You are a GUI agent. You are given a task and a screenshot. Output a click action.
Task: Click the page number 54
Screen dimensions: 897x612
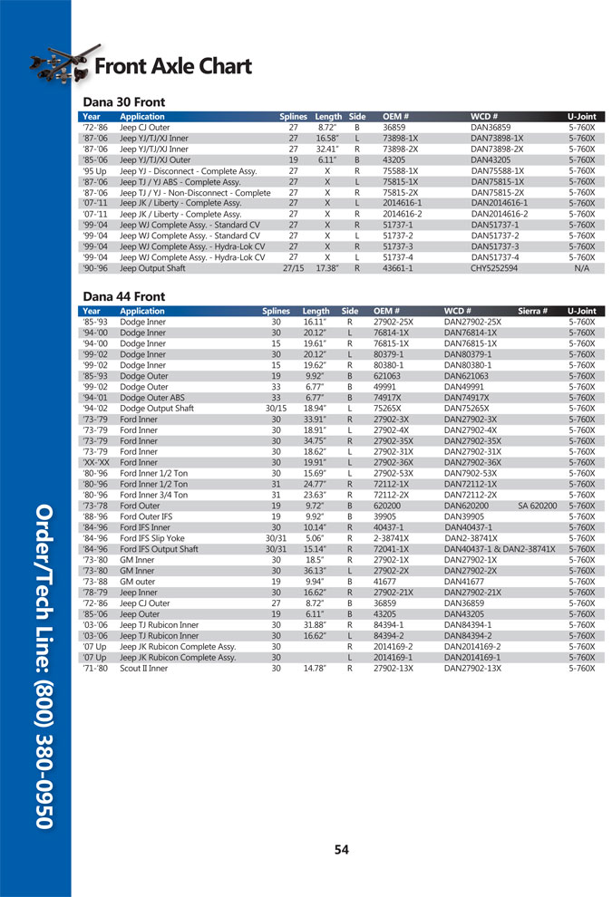tap(341, 849)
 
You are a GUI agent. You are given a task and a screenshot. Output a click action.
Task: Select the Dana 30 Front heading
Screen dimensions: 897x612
tap(123, 102)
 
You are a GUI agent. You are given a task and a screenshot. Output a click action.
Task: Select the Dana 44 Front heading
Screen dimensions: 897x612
tap(123, 296)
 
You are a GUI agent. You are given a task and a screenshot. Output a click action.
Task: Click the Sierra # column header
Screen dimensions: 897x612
tap(533, 311)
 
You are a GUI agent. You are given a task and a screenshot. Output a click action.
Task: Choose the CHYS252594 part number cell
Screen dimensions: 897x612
tap(497, 268)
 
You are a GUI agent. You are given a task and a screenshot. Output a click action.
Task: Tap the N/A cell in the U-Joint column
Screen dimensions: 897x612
tap(580, 268)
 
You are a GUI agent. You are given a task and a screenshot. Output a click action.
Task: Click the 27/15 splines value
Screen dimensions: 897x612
tap(292, 268)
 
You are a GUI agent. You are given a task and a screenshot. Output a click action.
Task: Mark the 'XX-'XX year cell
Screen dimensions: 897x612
tap(96, 462)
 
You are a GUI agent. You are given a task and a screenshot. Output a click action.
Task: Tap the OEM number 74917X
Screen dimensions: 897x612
tap(388, 398)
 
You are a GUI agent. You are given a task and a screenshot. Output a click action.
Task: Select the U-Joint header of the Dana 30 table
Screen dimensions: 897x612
tap(580, 117)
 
